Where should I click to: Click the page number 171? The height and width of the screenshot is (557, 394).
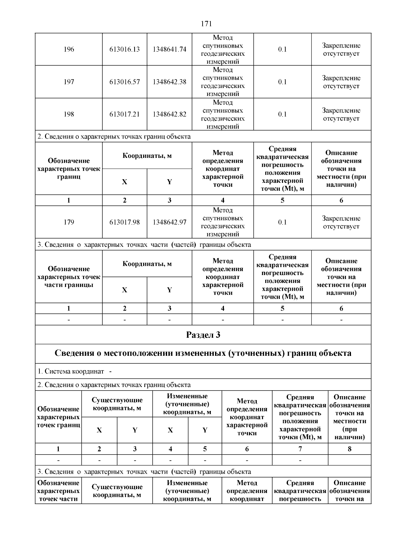(206, 24)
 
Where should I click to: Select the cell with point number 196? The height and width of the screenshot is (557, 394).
(69, 49)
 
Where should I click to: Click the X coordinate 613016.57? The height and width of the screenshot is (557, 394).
(124, 82)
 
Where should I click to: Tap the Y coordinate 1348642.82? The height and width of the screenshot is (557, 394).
(169, 114)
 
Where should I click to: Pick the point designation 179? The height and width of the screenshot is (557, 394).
(69, 222)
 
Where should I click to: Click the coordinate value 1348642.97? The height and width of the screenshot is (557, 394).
(169, 222)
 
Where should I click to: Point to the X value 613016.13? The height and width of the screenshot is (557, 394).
(124, 49)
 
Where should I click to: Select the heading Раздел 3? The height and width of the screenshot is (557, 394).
(203, 335)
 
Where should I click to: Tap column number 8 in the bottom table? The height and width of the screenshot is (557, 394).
(349, 449)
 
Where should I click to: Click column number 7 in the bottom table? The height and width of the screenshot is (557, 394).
(300, 449)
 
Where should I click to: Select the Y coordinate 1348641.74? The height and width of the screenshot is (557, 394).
(169, 49)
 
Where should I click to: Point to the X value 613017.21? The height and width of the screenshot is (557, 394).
(124, 114)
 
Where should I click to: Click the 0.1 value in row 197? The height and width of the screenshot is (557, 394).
(282, 82)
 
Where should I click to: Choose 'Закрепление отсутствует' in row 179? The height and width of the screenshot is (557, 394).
(341, 222)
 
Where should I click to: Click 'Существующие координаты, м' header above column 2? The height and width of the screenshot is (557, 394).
(117, 404)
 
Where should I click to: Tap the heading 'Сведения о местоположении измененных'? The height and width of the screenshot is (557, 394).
(203, 353)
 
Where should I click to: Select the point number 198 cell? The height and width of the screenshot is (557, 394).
(69, 114)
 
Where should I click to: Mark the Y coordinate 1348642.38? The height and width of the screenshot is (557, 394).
(169, 82)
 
